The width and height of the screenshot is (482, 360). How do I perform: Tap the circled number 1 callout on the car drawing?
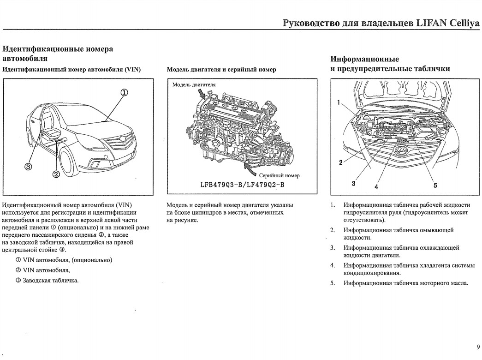click(124, 91)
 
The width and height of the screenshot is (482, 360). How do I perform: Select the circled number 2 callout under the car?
click(57, 174)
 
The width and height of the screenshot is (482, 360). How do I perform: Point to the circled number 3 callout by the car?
click(29, 166)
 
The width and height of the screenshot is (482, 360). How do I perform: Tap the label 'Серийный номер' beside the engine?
click(279, 175)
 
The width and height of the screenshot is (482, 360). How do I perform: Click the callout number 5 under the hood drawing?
click(435, 186)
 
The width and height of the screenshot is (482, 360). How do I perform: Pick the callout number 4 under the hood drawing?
click(376, 187)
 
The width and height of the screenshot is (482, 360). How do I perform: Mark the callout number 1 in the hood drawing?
click(339, 103)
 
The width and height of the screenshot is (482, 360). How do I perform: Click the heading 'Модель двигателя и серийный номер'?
click(221, 70)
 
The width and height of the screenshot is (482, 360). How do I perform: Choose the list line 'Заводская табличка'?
click(49, 280)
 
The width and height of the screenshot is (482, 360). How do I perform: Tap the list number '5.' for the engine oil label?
click(332, 283)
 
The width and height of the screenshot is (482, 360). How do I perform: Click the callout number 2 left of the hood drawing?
click(340, 162)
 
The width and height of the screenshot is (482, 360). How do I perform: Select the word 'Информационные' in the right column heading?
click(365, 59)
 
